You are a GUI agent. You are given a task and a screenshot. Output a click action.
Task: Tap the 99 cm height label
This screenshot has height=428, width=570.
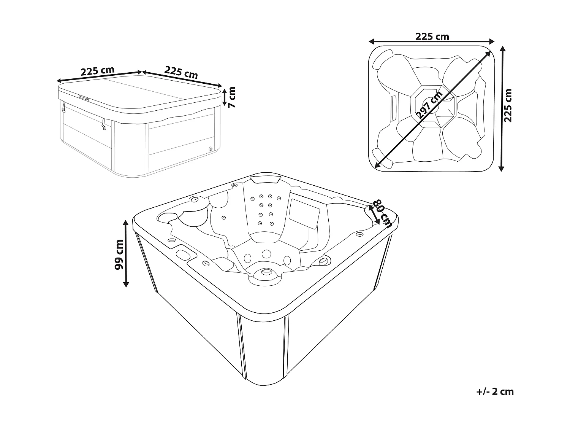[x=119, y=254]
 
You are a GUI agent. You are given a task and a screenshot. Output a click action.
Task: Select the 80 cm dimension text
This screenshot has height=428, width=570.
[x=383, y=213]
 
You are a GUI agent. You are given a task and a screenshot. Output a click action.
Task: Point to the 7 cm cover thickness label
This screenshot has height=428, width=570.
[x=231, y=97]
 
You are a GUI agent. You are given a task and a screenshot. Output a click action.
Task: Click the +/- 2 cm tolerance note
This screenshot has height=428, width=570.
[x=494, y=391]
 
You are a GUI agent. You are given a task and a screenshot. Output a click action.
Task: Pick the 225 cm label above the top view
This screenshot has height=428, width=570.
[x=432, y=37]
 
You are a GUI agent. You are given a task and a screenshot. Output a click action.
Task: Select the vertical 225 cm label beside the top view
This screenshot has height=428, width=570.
[x=508, y=106]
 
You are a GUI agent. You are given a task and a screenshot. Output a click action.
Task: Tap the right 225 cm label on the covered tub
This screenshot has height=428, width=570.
[x=181, y=72]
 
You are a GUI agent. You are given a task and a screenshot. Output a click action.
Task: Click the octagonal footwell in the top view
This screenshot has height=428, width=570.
[x=434, y=107]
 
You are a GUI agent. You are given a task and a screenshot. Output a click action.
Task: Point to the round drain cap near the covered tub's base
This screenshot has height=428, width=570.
[x=210, y=150]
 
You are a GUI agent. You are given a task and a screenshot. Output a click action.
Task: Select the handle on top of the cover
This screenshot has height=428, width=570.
[x=83, y=98]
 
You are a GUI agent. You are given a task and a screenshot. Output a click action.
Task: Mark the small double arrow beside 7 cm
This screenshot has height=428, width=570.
[x=224, y=97]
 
